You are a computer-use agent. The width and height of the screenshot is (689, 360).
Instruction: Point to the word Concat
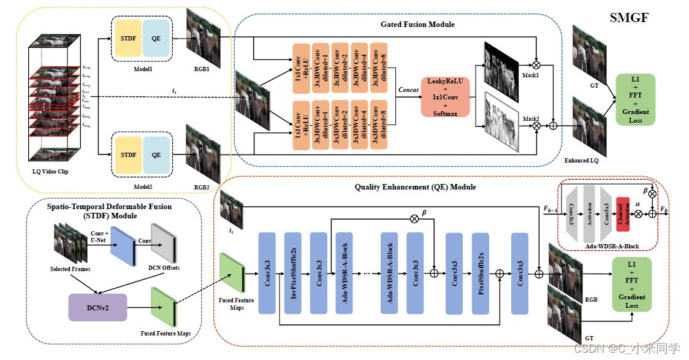click(x=408, y=90)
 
